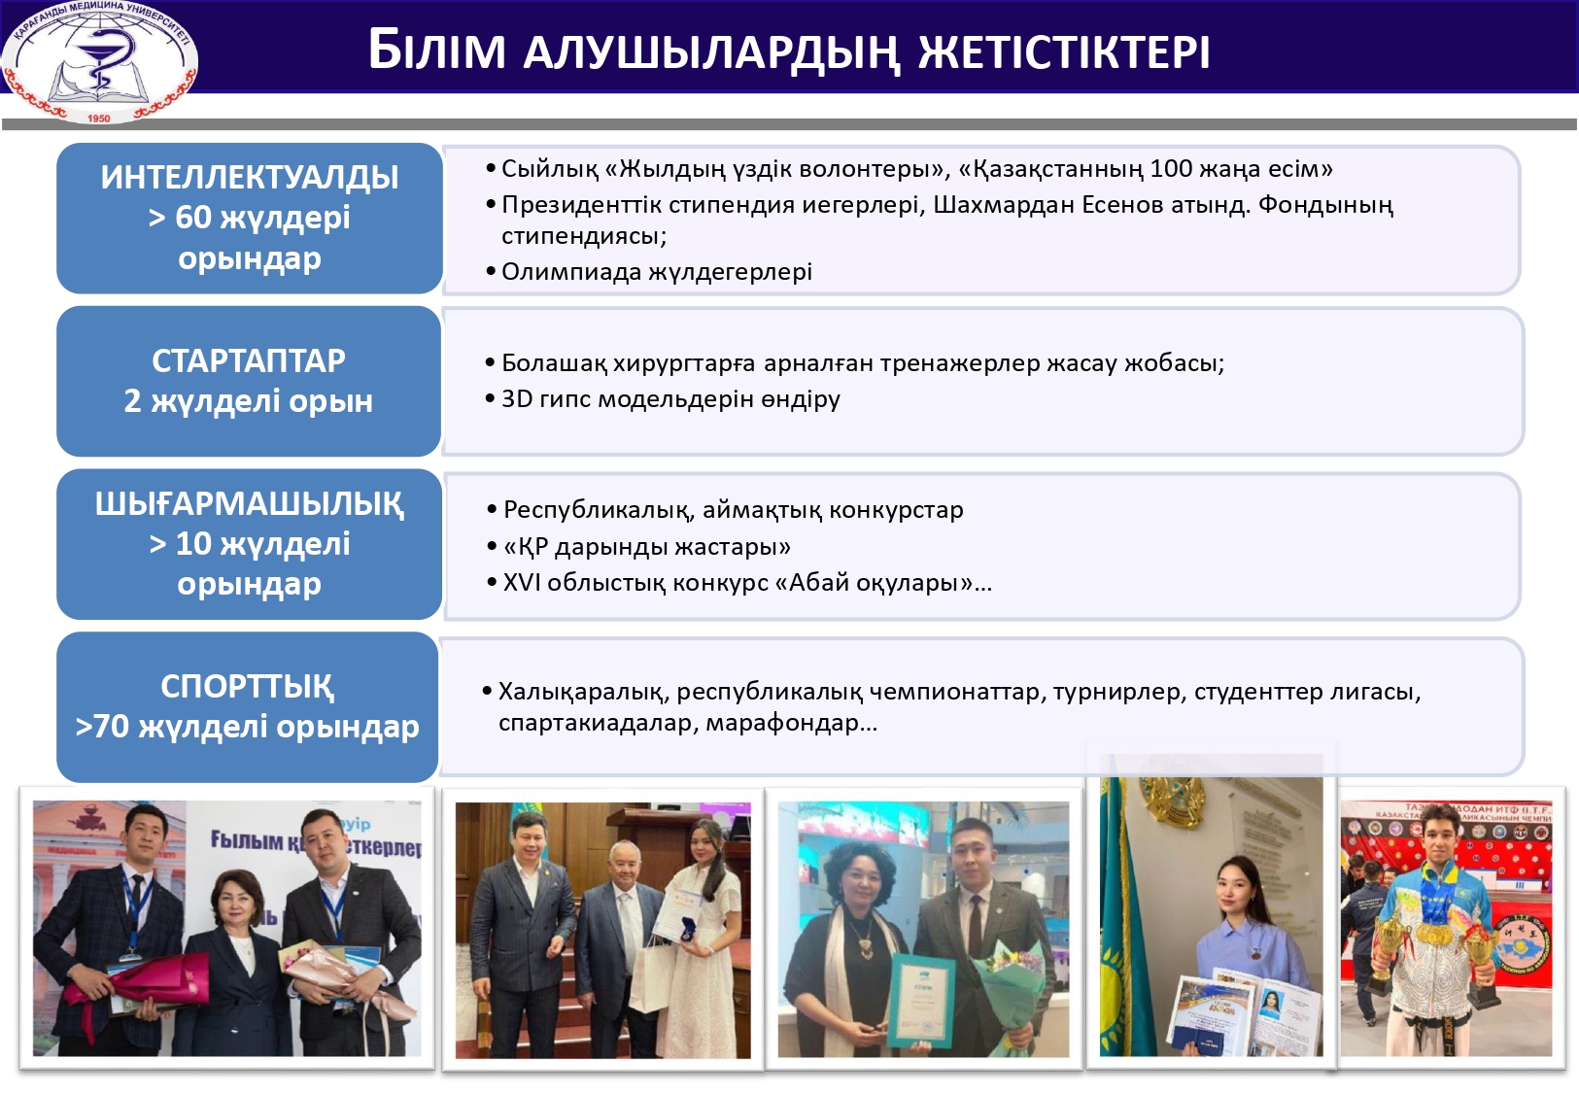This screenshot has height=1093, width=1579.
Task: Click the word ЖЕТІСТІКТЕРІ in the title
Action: tap(1063, 51)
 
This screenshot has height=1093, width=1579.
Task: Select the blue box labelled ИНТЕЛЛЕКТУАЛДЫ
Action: tap(249, 219)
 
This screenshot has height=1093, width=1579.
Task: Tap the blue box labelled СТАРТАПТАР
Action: tap(249, 381)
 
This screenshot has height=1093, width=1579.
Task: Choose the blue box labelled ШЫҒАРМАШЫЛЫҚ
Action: tap(249, 544)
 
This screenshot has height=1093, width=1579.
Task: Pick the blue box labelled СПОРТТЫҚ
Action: tap(247, 707)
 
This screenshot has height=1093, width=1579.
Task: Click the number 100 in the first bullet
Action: tap(1170, 169)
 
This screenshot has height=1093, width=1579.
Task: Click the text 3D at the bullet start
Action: tap(516, 399)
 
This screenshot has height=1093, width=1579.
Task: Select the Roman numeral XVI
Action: tap(521, 583)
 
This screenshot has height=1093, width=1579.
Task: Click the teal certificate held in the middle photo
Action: tap(922, 1001)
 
